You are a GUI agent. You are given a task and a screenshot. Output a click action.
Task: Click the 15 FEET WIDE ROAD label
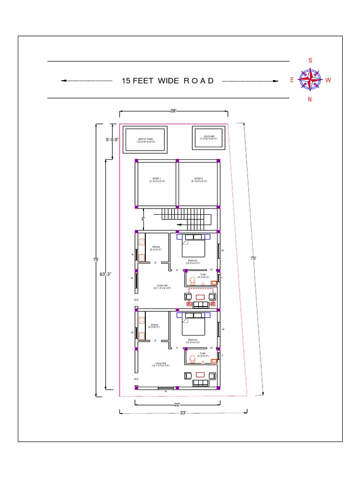(168, 81)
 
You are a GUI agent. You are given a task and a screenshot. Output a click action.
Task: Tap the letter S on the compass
(310, 60)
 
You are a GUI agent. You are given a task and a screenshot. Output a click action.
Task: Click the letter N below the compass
(310, 99)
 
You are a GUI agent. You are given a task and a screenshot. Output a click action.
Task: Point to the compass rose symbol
(310, 79)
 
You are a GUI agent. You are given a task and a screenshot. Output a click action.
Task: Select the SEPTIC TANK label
(145, 140)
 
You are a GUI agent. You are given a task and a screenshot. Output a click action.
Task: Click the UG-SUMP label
(207, 137)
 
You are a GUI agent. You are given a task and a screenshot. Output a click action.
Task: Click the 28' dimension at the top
(173, 111)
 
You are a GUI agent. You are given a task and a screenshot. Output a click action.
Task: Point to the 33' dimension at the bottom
(183, 412)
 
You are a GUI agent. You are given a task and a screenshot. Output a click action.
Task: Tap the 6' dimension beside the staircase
(143, 219)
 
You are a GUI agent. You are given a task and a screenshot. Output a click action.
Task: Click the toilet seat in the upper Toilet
(192, 281)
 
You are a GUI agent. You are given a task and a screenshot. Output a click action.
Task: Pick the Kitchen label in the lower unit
(155, 326)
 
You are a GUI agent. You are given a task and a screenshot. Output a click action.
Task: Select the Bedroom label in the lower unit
(193, 340)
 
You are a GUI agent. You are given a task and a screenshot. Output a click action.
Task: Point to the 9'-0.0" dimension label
(112, 139)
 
